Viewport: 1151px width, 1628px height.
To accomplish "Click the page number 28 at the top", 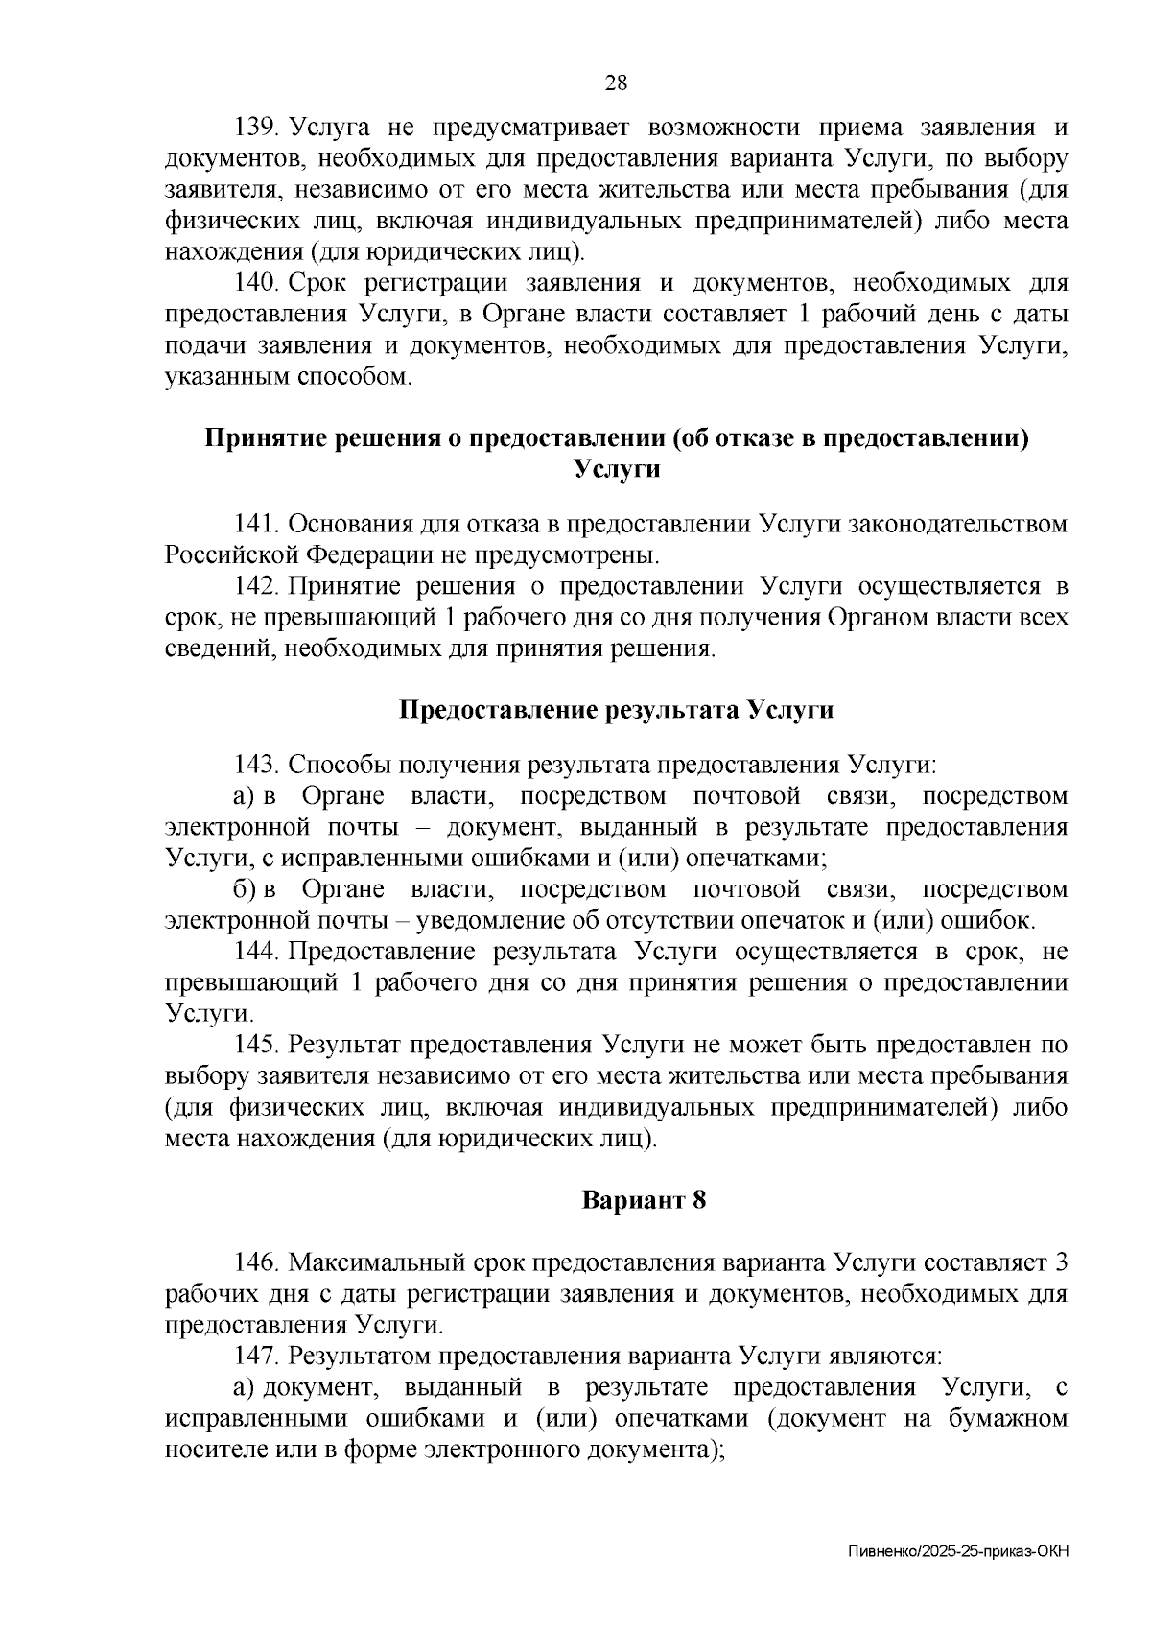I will click(x=616, y=83).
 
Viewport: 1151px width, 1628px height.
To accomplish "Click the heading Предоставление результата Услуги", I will click(x=616, y=711).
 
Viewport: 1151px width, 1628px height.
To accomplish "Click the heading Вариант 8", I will click(x=645, y=1200).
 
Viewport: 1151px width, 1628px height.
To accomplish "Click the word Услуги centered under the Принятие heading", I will click(x=617, y=470).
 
